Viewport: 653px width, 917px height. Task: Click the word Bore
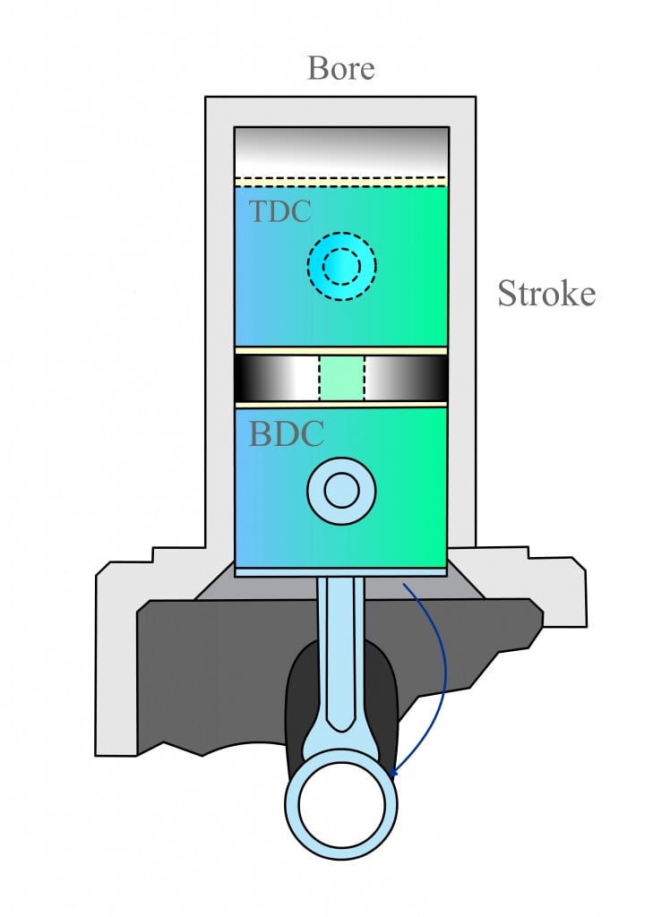tap(340, 68)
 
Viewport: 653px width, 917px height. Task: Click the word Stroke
tap(546, 294)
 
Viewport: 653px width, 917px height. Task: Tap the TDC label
tap(279, 212)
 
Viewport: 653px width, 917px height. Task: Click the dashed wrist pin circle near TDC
tap(341, 266)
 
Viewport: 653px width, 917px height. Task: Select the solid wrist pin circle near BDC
tap(341, 490)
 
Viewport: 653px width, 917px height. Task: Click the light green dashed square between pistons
tap(341, 377)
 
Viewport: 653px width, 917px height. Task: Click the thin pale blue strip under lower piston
tap(341, 570)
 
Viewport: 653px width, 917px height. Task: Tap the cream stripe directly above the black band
tap(341, 350)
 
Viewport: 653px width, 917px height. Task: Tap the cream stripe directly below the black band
tap(341, 404)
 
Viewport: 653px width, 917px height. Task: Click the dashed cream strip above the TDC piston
tap(341, 181)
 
